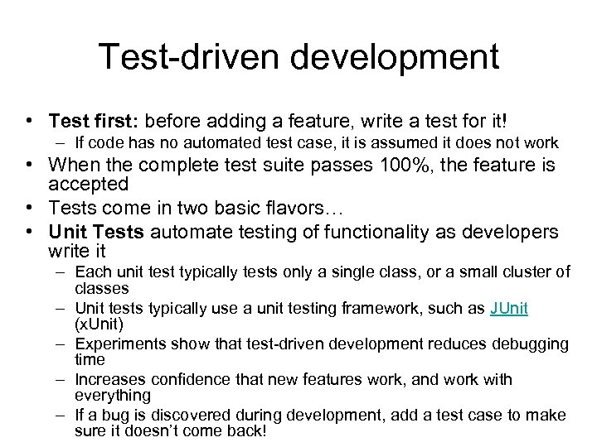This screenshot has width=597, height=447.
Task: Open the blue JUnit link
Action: (x=509, y=308)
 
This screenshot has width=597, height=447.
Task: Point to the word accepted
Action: (x=89, y=184)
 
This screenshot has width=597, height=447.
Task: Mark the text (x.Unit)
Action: (x=99, y=323)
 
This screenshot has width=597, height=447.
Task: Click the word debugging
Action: (x=527, y=343)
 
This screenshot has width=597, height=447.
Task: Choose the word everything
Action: (x=113, y=395)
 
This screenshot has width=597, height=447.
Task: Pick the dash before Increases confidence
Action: (x=62, y=379)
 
